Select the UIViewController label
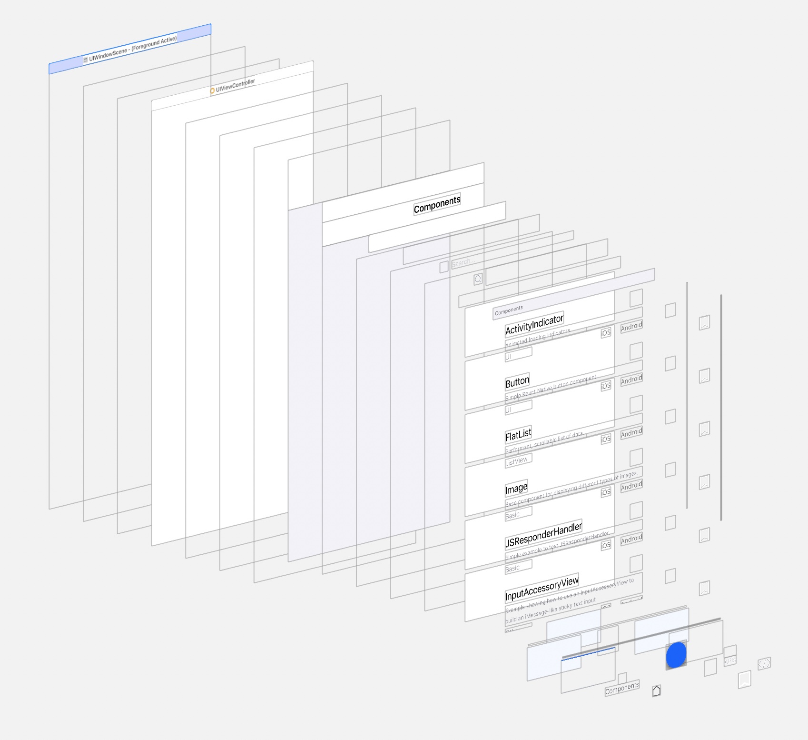pyautogui.click(x=236, y=85)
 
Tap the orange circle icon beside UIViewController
pyautogui.click(x=212, y=90)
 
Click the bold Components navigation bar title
pyautogui.click(x=437, y=204)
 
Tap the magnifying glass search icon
pyautogui.click(x=478, y=279)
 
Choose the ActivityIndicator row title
pyautogui.click(x=534, y=325)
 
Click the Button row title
pyautogui.click(x=517, y=382)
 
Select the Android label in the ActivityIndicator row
pyautogui.click(x=631, y=327)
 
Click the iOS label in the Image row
pyautogui.click(x=606, y=492)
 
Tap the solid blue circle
pyautogui.click(x=676, y=655)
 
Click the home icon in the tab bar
pyautogui.click(x=656, y=690)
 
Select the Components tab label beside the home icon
pyautogui.click(x=622, y=689)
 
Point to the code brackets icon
pyautogui.click(x=764, y=663)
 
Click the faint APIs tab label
pyautogui.click(x=730, y=660)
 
